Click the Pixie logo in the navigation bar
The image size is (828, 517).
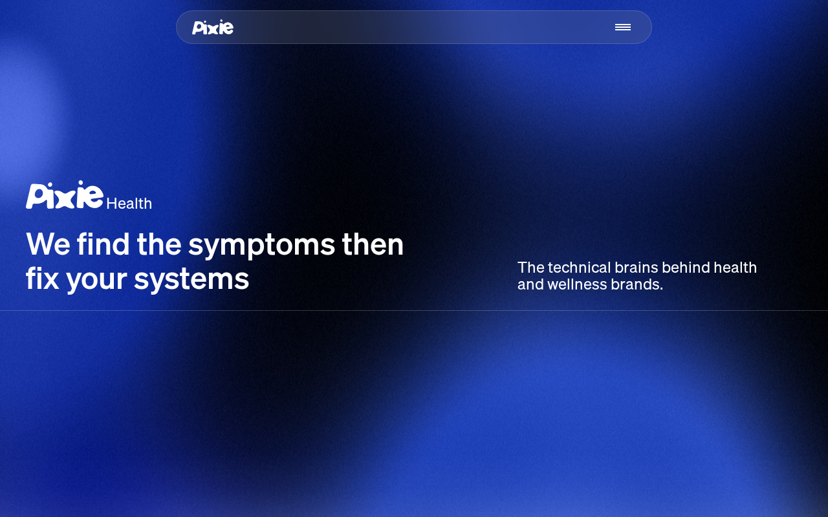[x=213, y=27]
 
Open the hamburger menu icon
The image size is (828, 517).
[x=623, y=27]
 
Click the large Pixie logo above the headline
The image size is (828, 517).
[x=64, y=195]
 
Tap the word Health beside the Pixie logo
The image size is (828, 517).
[x=129, y=204]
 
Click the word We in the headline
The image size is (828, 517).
[x=48, y=244]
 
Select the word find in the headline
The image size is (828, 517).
[x=103, y=244]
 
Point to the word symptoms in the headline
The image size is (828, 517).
[x=262, y=246]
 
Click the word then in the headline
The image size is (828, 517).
[x=373, y=244]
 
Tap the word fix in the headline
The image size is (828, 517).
[x=42, y=278]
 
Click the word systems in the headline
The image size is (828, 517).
[x=191, y=280]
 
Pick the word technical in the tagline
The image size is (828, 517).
[x=579, y=268]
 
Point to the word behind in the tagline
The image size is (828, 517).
[x=686, y=268]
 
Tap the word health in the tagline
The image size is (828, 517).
[x=735, y=268]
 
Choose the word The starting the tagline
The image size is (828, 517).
[x=531, y=268]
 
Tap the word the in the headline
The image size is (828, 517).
[x=159, y=244]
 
